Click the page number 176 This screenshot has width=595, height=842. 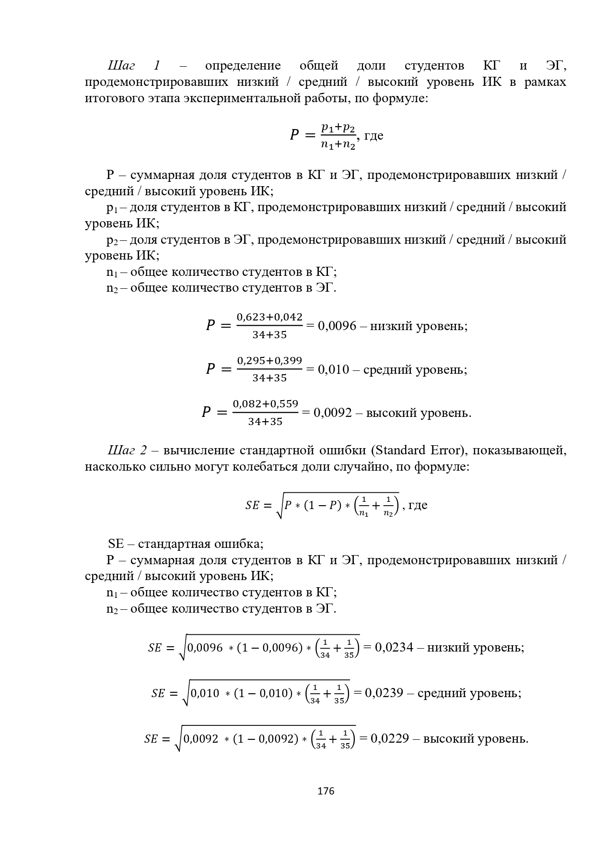tap(326, 791)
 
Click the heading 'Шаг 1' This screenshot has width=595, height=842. tap(134, 66)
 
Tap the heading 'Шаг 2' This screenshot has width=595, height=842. tap(128, 451)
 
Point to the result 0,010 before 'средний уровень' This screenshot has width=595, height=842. tap(334, 370)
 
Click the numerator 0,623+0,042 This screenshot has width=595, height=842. tap(269, 317)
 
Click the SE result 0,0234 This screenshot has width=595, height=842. tap(394, 648)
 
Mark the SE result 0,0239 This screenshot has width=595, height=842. tap(384, 693)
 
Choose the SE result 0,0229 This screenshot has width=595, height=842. tap(390, 738)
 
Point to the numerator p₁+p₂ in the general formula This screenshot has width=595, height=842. tap(338, 128)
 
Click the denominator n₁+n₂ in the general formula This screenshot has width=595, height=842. tap(338, 144)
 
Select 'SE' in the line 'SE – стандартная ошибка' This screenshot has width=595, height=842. tap(116, 544)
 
